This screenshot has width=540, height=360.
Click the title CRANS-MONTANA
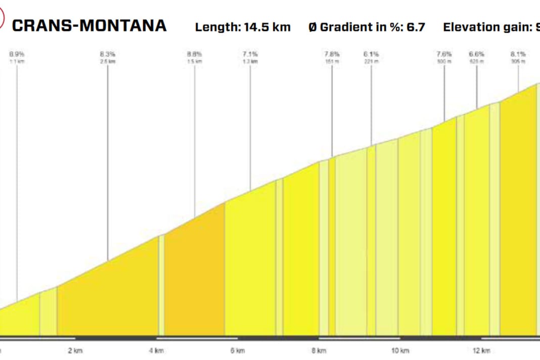tap(89, 26)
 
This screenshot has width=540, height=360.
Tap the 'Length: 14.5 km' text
tap(243, 27)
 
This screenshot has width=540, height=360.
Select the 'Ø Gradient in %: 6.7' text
tap(367, 27)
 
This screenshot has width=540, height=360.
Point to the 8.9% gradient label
tap(17, 53)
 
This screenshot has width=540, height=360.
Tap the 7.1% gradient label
tap(250, 53)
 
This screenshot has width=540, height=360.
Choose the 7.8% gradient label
tap(332, 53)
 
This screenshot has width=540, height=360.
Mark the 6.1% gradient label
tap(371, 53)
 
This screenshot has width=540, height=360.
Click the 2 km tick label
tap(75, 350)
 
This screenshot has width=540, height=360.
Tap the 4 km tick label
tap(157, 350)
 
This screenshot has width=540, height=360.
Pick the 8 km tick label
tap(319, 350)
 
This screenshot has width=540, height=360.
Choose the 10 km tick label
tap(399, 350)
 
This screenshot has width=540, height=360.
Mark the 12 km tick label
tap(481, 350)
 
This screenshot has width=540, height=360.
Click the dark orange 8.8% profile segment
tap(195, 278)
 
